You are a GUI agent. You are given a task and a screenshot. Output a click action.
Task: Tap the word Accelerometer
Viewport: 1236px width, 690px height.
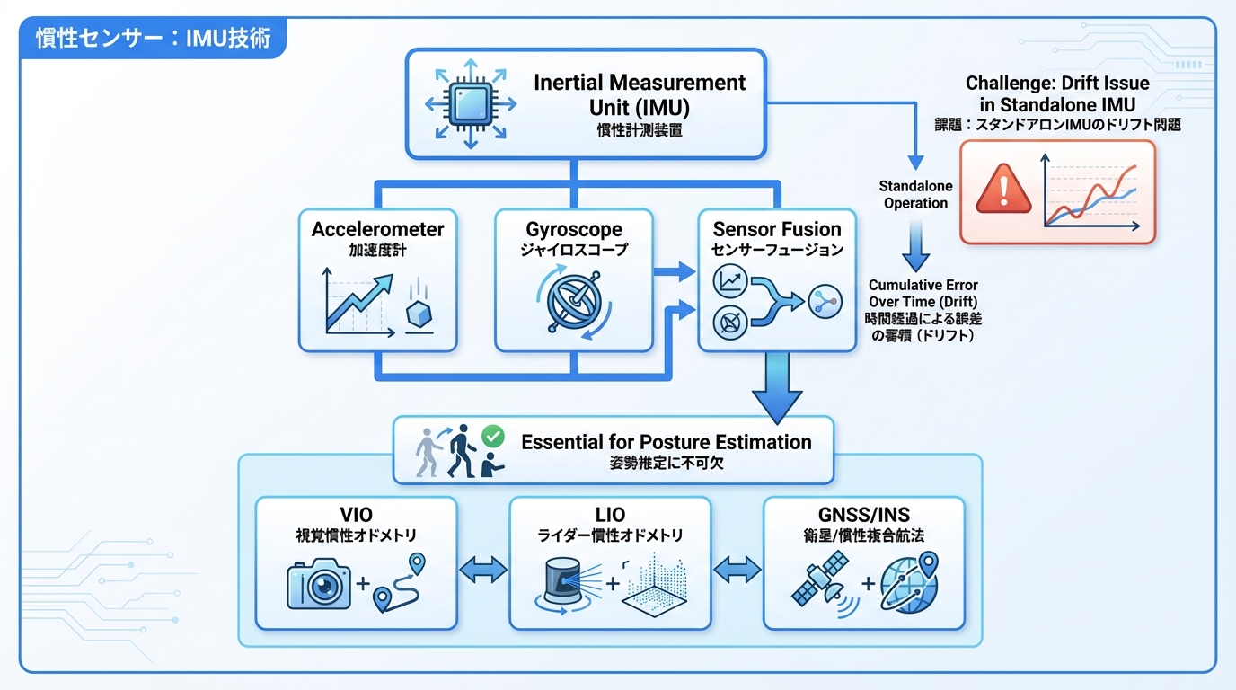tap(378, 229)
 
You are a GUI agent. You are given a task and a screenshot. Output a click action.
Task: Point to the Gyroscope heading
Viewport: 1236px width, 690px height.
tap(575, 229)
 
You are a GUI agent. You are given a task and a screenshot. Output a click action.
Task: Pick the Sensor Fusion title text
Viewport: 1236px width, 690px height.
tap(777, 229)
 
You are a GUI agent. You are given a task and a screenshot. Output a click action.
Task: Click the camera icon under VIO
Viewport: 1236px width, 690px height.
tap(318, 586)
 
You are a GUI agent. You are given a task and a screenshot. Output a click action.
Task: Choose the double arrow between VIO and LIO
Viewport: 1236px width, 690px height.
tap(483, 571)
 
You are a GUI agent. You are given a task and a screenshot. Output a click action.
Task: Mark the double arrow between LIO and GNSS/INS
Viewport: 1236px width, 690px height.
tap(737, 571)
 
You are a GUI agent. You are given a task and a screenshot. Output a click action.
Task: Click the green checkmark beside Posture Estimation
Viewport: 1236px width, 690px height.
tap(493, 437)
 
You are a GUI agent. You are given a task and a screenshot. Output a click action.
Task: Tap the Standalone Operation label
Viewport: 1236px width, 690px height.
tap(915, 195)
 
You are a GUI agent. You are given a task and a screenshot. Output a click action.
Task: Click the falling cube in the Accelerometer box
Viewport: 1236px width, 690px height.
tap(420, 315)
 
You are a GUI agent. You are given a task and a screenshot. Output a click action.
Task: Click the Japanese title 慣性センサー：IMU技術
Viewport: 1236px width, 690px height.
tap(153, 40)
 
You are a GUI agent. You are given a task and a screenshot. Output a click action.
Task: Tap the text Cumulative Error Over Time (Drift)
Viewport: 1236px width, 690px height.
tap(923, 294)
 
